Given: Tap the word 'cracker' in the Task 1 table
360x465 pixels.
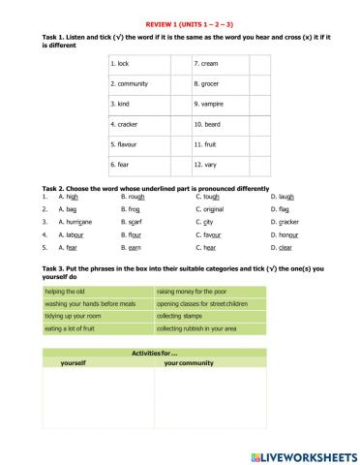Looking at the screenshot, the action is click(x=128, y=124).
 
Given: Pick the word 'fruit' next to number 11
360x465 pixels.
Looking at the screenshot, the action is click(x=210, y=144).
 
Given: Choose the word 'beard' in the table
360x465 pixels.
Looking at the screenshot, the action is click(x=212, y=124).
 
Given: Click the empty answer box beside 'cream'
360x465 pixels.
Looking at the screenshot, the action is click(x=259, y=63).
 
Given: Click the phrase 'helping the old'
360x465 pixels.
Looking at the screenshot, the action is click(x=65, y=291).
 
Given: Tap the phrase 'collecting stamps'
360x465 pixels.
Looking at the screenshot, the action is click(x=184, y=316).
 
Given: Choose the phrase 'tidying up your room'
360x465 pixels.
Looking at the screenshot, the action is click(x=74, y=316).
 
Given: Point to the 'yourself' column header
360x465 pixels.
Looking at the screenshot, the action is click(x=74, y=363).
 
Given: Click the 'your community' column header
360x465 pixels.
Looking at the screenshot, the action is click(x=188, y=363).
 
